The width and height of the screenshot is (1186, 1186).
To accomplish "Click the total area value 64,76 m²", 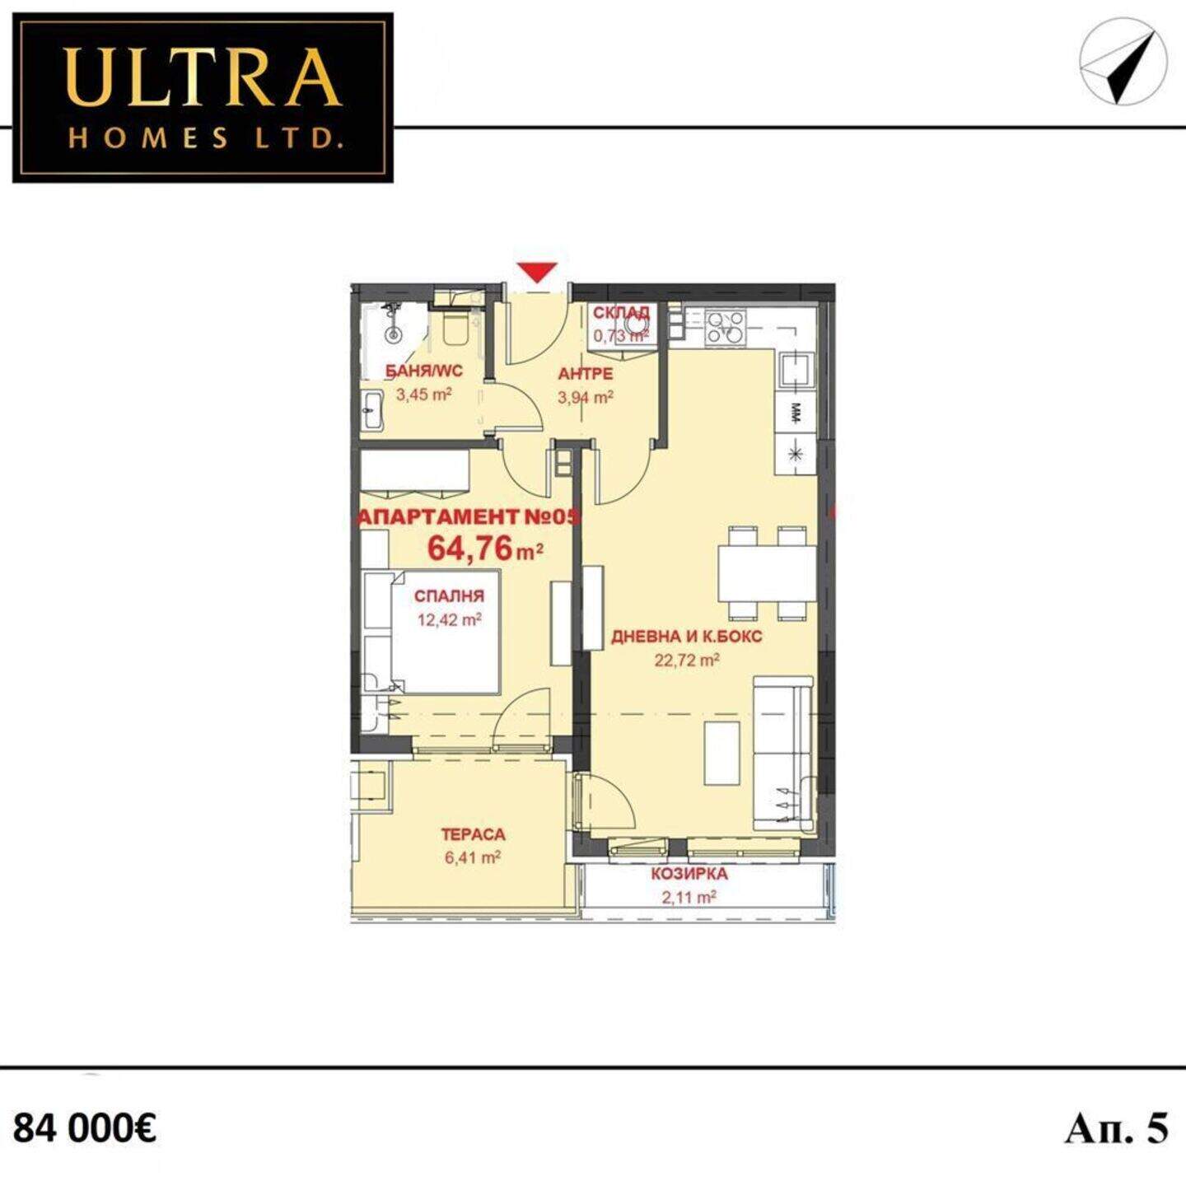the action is point(485,549).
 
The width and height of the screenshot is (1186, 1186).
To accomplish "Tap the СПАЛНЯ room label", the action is point(450,595).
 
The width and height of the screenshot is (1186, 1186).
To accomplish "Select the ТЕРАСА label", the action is point(473,834).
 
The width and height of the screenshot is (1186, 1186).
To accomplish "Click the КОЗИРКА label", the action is point(689,874).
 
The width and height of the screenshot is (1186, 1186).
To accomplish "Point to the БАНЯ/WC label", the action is point(424,371).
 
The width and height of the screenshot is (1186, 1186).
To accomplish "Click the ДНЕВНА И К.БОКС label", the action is point(686,637).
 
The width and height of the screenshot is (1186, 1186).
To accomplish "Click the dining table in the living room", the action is point(767,573).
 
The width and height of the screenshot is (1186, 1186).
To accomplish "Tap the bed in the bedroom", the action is point(431,632).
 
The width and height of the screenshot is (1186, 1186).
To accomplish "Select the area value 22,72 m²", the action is point(686,661).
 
